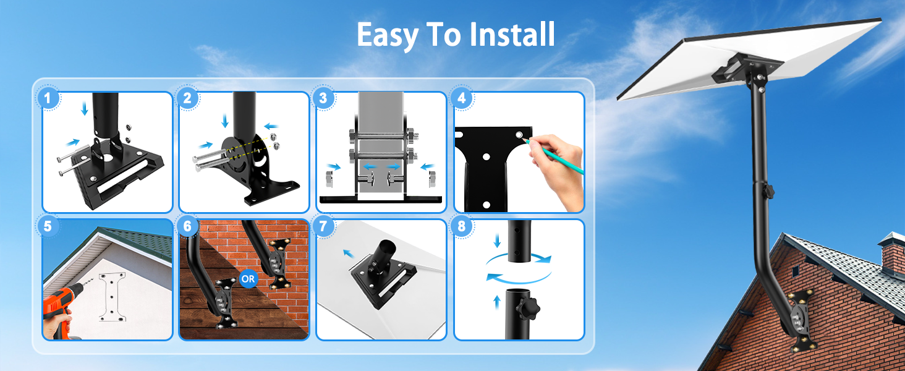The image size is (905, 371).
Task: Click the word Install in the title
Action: tap(512, 35)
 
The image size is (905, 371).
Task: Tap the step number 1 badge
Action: tap(48, 98)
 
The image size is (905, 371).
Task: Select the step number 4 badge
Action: tap(461, 98)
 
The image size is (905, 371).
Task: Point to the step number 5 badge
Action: tap(48, 226)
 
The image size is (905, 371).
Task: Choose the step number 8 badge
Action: tap(461, 226)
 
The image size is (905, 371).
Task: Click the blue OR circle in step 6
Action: tap(248, 278)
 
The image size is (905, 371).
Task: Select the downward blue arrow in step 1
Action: tap(85, 108)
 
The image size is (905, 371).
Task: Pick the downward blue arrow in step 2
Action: tap(225, 121)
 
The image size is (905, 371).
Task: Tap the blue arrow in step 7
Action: tap(349, 254)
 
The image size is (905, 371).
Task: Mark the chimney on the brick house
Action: tap(892, 252)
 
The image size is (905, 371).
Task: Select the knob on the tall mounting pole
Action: tap(768, 190)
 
